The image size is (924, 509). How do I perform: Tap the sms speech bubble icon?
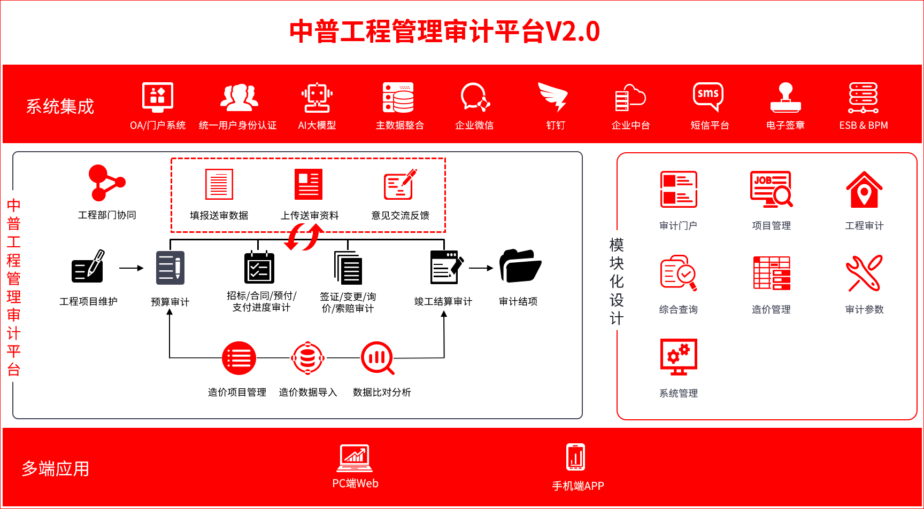click(708, 96)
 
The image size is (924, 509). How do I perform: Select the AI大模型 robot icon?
click(317, 97)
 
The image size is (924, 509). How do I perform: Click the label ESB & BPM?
click(864, 126)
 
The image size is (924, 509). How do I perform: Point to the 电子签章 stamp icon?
click(786, 97)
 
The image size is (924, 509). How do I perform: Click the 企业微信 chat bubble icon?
click(475, 97)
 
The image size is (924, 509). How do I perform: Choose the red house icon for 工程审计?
click(864, 190)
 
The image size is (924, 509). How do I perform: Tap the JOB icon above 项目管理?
click(771, 189)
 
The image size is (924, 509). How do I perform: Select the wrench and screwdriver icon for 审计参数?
click(864, 273)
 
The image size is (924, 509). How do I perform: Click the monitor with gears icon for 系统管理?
click(679, 357)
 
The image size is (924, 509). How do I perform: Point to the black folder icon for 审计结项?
click(520, 266)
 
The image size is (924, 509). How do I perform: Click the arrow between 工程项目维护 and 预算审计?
click(131, 268)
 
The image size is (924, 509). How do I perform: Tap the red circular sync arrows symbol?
click(304, 237)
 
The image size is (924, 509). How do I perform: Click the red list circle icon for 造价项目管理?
click(239, 358)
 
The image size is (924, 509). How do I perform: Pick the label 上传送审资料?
click(310, 216)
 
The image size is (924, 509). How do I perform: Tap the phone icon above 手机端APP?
click(576, 457)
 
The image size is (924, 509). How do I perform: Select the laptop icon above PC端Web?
click(355, 458)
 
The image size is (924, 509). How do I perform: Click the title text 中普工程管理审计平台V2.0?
click(445, 32)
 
